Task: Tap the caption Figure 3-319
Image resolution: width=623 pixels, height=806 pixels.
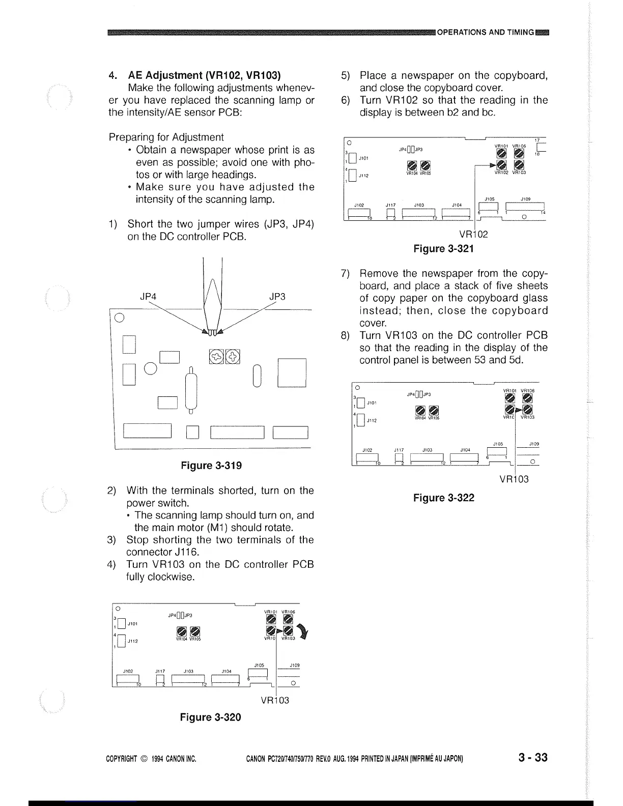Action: tap(211, 466)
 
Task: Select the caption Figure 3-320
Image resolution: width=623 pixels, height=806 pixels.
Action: tap(210, 717)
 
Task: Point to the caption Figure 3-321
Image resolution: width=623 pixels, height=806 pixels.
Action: tap(443, 248)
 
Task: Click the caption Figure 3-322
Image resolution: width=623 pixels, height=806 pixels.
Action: tap(443, 498)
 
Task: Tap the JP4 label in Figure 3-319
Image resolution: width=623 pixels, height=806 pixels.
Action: tap(148, 297)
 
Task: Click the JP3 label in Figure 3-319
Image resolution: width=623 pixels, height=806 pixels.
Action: tap(277, 297)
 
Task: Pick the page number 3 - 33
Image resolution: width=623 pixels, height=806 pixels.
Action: tap(533, 757)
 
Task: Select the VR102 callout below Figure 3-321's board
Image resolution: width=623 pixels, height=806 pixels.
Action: tap(473, 235)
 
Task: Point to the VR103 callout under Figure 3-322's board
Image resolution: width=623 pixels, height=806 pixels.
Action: tap(514, 479)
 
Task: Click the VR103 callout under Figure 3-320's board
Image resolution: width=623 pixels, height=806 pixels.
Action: tap(275, 700)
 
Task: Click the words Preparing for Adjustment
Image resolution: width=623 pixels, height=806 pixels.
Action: tap(166, 137)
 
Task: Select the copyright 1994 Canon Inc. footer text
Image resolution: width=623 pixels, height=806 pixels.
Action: tap(151, 759)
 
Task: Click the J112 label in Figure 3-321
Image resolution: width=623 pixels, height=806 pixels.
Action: tap(363, 176)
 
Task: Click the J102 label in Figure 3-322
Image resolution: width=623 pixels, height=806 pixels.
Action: tap(367, 450)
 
